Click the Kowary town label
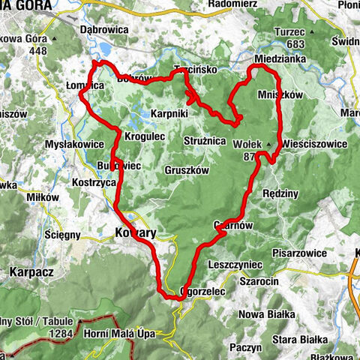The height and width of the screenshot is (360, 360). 135,233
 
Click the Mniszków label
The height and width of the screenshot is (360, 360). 299,95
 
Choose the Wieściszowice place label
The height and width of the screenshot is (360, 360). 317,142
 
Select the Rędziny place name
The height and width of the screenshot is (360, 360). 281,193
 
